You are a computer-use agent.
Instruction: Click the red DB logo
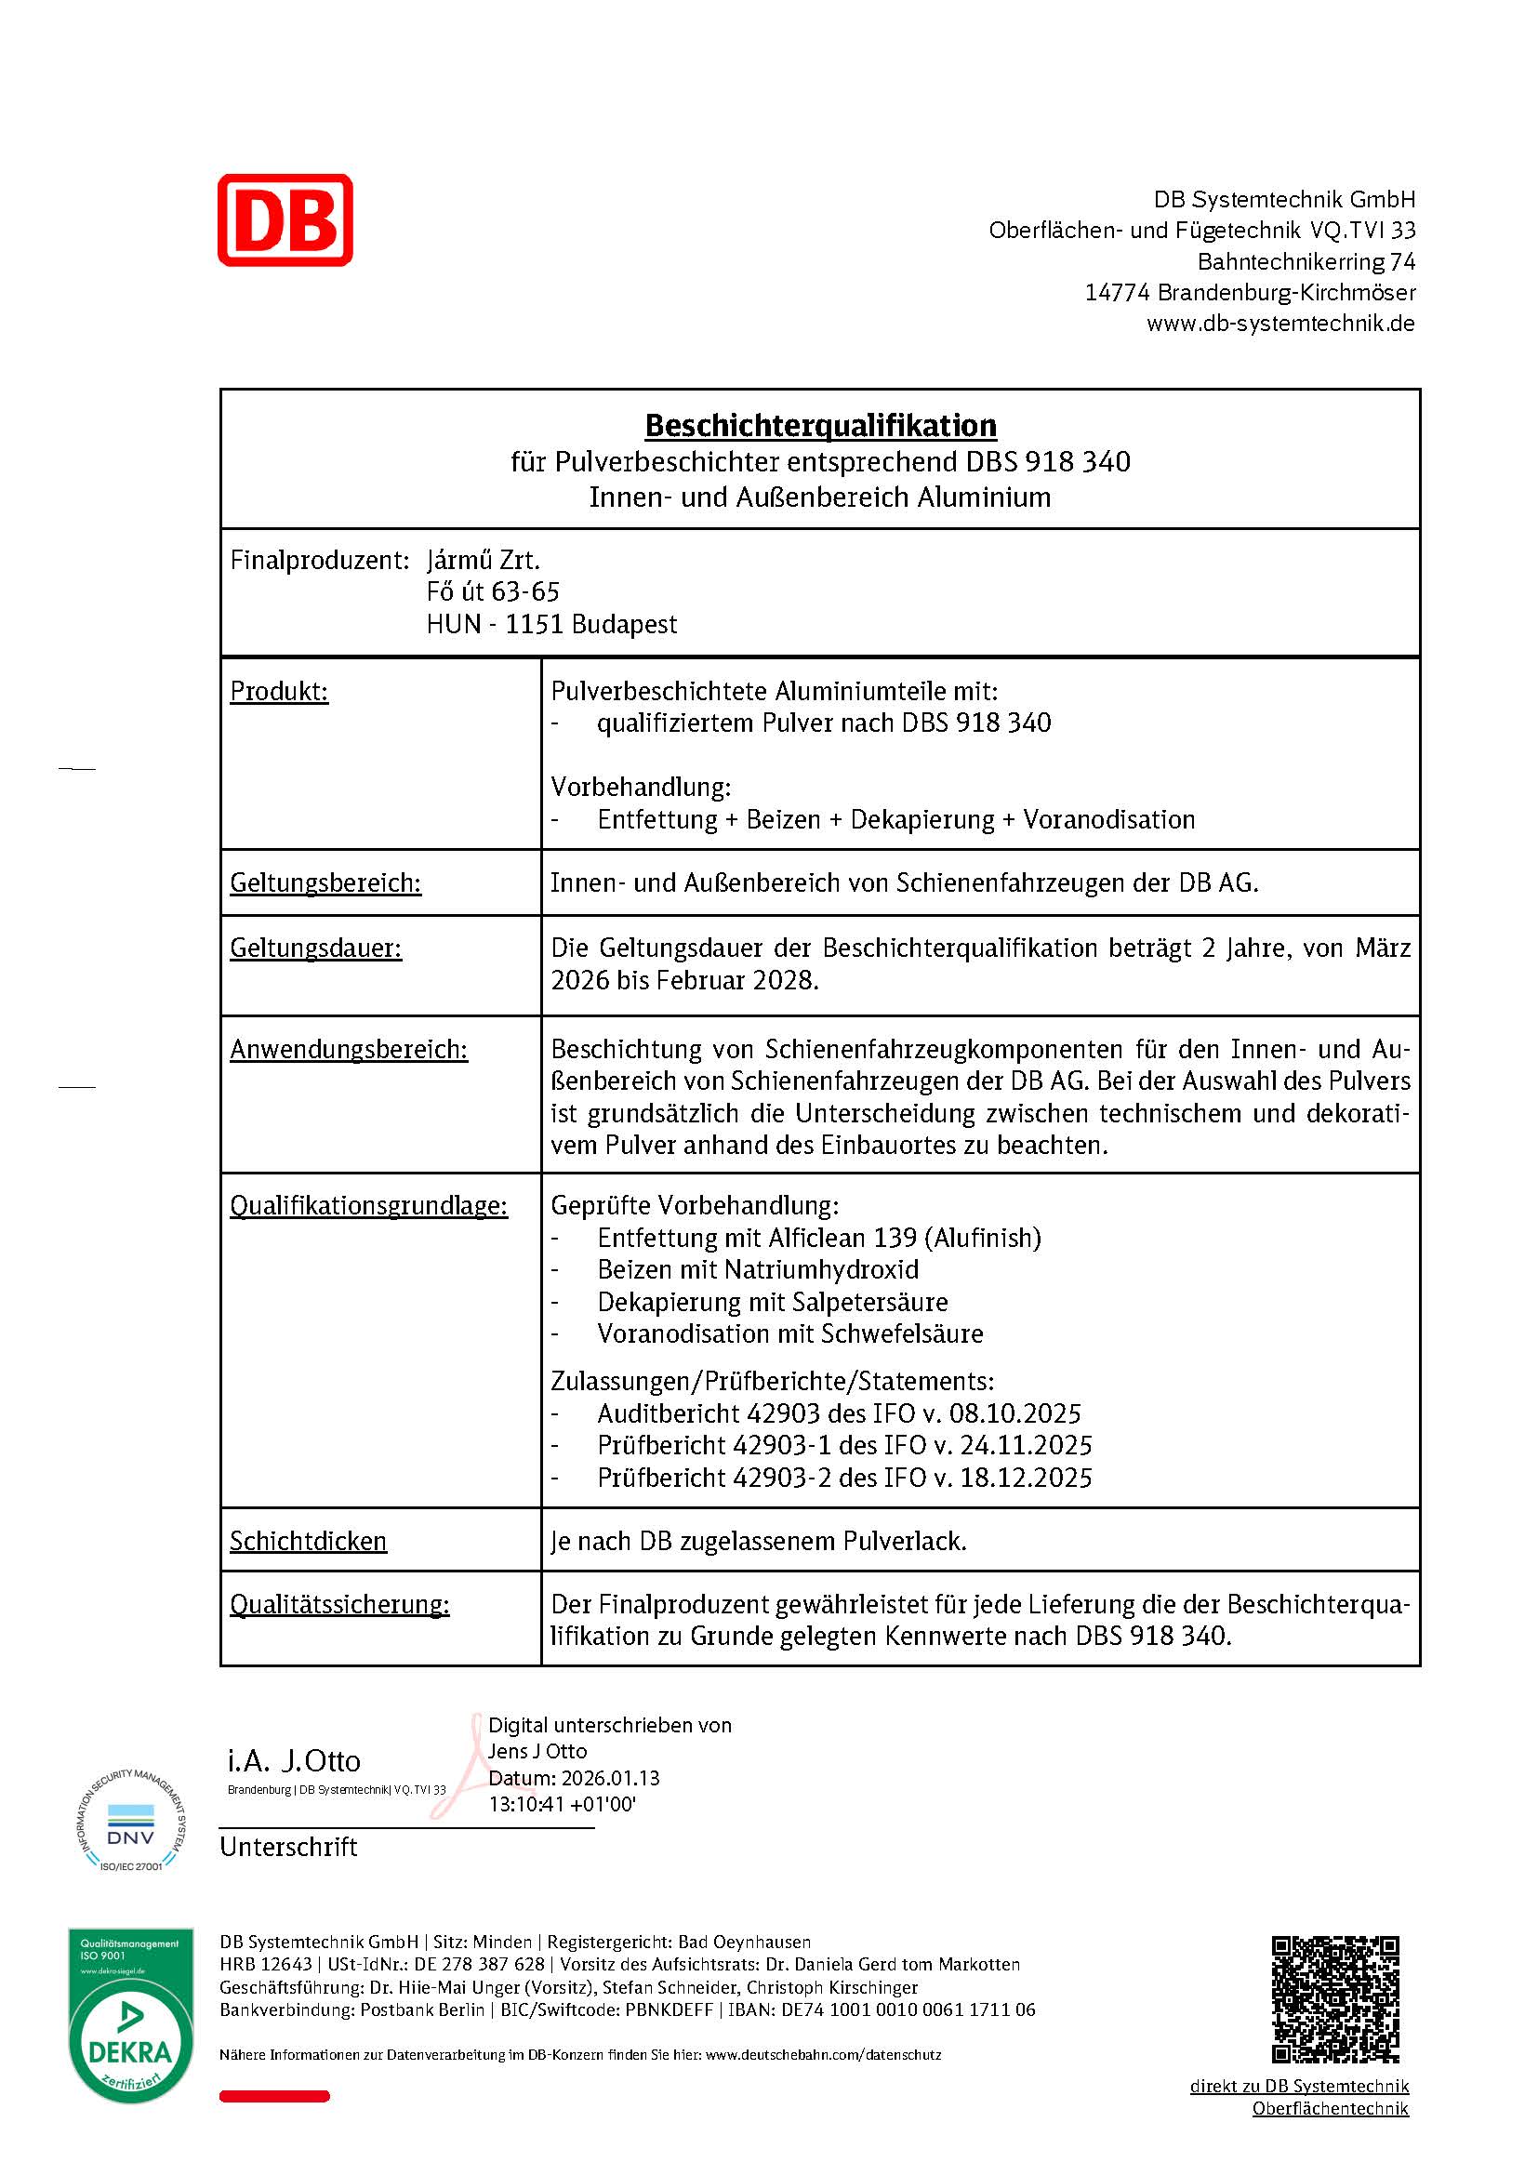[x=285, y=219]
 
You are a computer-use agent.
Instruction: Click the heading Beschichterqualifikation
[x=820, y=425]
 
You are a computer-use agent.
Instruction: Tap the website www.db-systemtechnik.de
[x=1280, y=324]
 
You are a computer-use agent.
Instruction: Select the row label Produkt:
[x=278, y=692]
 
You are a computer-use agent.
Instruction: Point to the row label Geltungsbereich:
[x=325, y=882]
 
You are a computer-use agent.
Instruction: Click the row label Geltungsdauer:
[x=315, y=948]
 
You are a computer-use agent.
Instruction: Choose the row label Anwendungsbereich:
[x=349, y=1050]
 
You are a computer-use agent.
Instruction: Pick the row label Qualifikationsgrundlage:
[x=368, y=1206]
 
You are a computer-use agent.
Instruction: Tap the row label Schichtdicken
[x=308, y=1541]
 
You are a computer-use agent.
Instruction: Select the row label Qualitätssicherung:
[x=339, y=1605]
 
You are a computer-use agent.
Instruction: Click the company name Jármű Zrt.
[x=483, y=561]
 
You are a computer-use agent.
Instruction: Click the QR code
[x=1334, y=1999]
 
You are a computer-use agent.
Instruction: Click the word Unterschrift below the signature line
[x=288, y=1847]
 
